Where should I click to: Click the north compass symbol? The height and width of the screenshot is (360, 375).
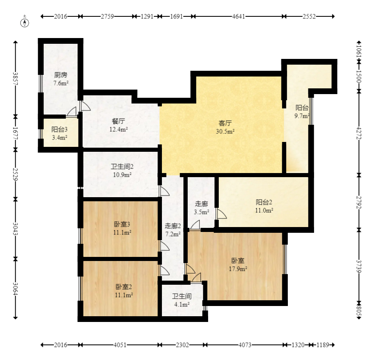(x=25, y=22)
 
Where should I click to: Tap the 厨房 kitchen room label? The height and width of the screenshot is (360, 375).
(x=61, y=75)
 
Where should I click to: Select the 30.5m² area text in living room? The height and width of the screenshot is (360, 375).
(x=225, y=131)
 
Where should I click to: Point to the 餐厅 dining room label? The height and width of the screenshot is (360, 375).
(x=118, y=121)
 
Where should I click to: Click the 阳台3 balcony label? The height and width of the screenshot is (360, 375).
(x=59, y=129)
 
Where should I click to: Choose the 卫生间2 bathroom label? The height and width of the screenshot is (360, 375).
(x=122, y=166)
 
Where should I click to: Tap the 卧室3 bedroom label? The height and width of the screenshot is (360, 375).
(x=122, y=224)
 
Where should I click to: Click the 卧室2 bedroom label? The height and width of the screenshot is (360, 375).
(x=124, y=287)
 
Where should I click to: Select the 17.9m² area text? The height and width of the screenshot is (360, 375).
(x=238, y=269)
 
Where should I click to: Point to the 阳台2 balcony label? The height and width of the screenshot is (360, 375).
(x=264, y=202)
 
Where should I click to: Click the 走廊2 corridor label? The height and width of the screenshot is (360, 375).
(x=173, y=226)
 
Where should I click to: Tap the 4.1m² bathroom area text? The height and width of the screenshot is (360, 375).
(x=182, y=304)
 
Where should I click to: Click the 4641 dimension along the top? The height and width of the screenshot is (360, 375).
(x=238, y=16)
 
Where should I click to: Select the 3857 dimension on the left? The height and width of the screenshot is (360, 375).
(x=15, y=79)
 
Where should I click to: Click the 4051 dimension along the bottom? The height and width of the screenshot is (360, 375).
(x=119, y=345)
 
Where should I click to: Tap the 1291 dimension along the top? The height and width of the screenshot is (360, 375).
(x=147, y=16)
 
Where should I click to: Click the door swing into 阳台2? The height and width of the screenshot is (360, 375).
(x=222, y=214)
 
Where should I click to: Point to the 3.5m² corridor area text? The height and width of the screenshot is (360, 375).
(x=202, y=212)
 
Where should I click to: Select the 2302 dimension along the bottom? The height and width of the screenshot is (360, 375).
(x=182, y=345)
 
